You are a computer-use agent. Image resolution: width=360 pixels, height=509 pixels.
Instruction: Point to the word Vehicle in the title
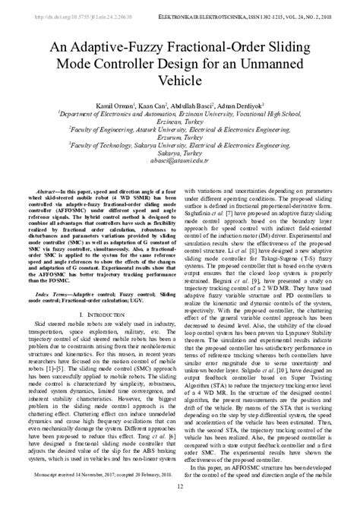[180, 79]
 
